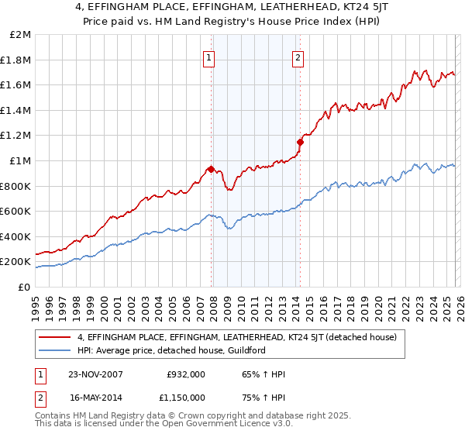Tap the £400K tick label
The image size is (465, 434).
(15, 236)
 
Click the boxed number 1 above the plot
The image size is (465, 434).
(210, 56)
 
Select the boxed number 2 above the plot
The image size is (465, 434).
(298, 56)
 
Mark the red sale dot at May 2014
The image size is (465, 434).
(300, 142)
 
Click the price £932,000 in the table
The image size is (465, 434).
(185, 374)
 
